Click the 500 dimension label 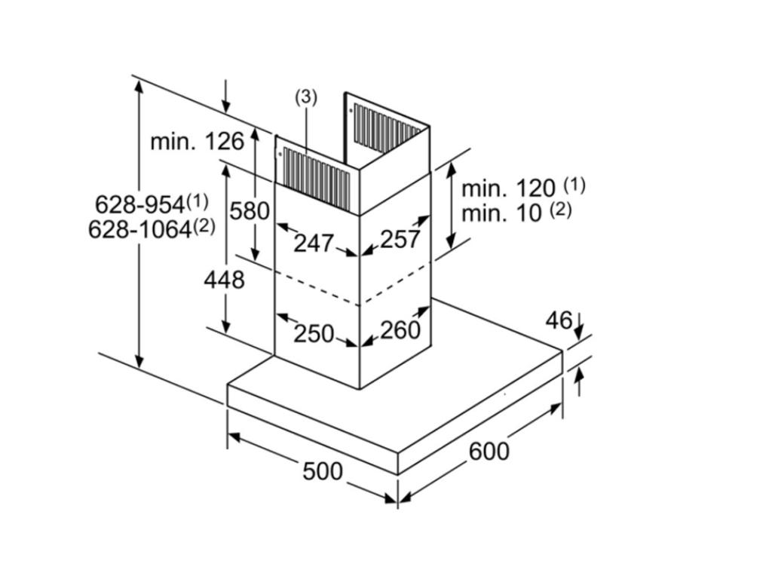(322, 471)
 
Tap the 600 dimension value (489, 451)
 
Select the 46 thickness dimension (558, 320)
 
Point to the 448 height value (224, 280)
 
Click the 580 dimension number (250, 211)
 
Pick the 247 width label (313, 243)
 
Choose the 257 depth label (400, 239)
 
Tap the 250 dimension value (313, 332)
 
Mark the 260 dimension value (400, 329)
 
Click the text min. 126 (197, 141)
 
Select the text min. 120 (508, 188)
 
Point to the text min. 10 (501, 213)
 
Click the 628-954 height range (140, 204)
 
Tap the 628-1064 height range (140, 229)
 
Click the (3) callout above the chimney (305, 96)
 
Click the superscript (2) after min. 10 (559, 210)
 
